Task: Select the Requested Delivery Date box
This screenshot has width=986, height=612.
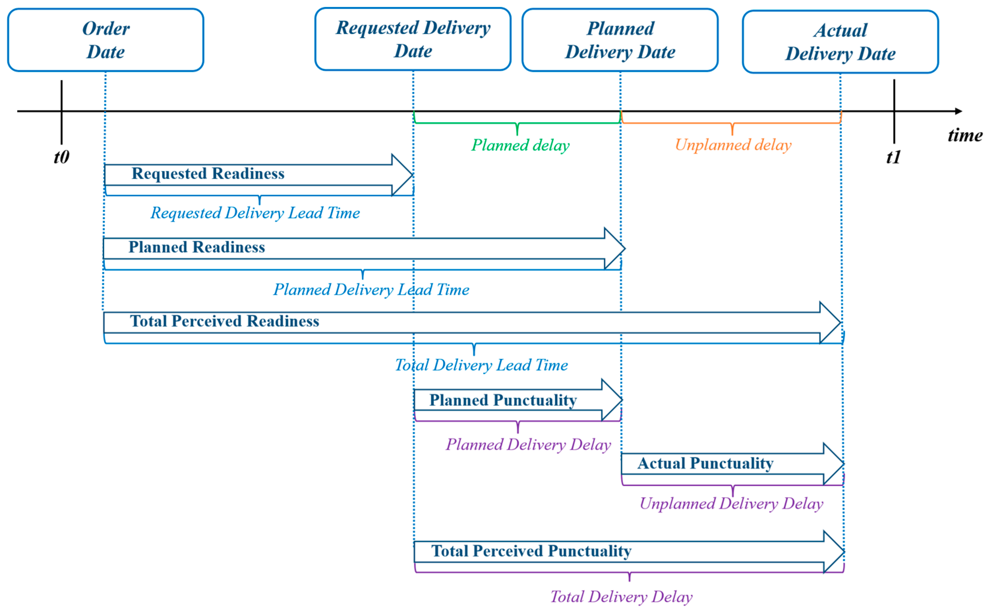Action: pyautogui.click(x=413, y=39)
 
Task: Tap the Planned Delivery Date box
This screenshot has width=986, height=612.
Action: pyautogui.click(x=620, y=40)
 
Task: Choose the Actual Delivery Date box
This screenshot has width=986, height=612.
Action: pyautogui.click(x=840, y=42)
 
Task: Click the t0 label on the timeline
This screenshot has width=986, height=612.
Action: pyautogui.click(x=62, y=157)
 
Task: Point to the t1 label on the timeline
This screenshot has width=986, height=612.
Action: pyautogui.click(x=894, y=157)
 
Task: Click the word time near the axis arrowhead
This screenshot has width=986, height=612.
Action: pyautogui.click(x=965, y=135)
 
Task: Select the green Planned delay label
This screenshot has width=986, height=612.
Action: pyautogui.click(x=520, y=145)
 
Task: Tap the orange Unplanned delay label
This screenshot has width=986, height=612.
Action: pyautogui.click(x=733, y=145)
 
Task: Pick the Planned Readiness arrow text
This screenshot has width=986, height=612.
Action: pyautogui.click(x=196, y=247)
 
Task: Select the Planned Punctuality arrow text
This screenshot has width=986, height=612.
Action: pyautogui.click(x=503, y=400)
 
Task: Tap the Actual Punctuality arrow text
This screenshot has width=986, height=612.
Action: pyautogui.click(x=705, y=463)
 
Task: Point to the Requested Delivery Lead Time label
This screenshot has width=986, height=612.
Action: pyautogui.click(x=255, y=213)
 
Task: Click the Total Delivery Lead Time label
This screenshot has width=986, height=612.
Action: pyautogui.click(x=481, y=365)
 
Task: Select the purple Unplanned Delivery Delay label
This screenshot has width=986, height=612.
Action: pyautogui.click(x=731, y=504)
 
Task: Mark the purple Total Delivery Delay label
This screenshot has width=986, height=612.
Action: pyautogui.click(x=621, y=597)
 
